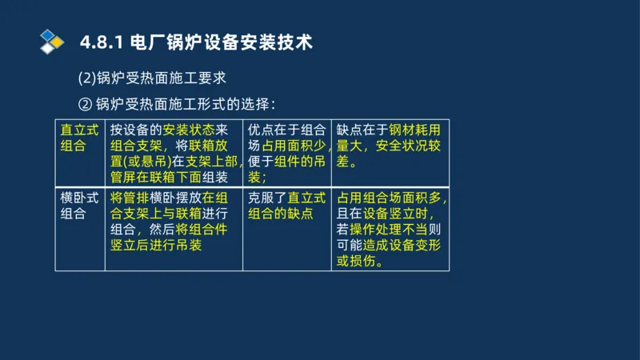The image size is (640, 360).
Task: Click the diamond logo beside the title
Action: click(x=52, y=41)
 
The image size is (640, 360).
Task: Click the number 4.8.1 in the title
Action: click(x=99, y=42)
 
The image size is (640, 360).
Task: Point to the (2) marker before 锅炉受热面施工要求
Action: click(x=86, y=78)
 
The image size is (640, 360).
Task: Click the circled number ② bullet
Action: click(x=84, y=104)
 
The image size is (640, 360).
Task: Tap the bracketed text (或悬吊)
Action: click(x=143, y=162)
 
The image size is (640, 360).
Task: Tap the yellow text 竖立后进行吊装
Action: click(x=156, y=245)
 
